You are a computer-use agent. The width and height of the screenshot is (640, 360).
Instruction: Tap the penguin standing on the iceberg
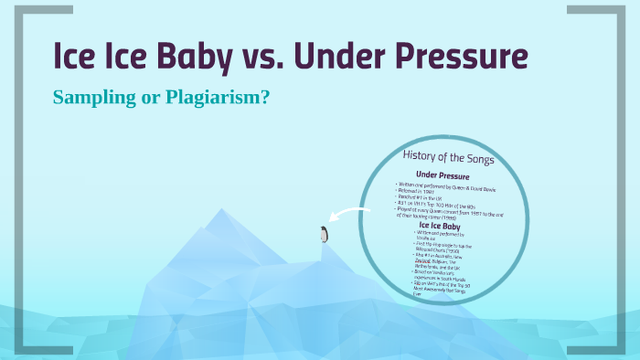[324, 234]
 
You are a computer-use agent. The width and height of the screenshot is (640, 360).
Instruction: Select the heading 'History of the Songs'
[449, 158]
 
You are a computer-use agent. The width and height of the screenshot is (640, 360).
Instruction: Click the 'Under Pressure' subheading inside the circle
[443, 175]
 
